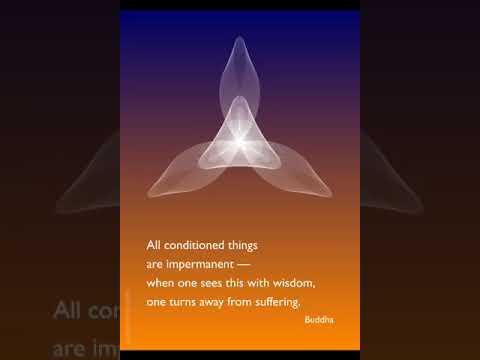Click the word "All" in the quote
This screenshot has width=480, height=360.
click(x=154, y=244)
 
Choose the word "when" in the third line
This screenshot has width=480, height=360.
click(x=160, y=283)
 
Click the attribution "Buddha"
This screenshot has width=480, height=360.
click(x=321, y=320)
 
